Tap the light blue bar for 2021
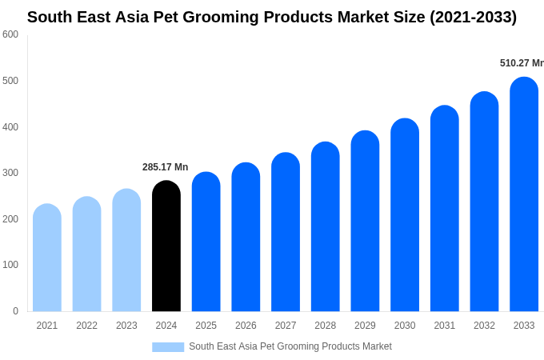[47, 258]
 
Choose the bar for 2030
[405, 215]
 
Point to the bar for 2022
[87, 254]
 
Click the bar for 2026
[246, 237]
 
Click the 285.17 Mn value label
[165, 167]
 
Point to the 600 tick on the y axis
[10, 34]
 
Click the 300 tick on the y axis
[10, 173]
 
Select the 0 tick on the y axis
[15, 311]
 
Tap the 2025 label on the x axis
[206, 326]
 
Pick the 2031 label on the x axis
[444, 326]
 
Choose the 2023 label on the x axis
[126, 326]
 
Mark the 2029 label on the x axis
[365, 326]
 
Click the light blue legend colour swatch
[168, 347]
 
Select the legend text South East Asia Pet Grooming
[290, 346]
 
